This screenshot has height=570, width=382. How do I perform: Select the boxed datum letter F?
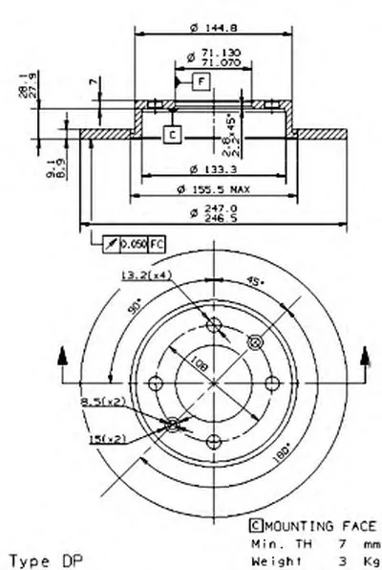coord(202,80)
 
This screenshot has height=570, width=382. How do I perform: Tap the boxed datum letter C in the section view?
coord(171,135)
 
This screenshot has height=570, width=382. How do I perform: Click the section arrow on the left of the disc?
coord(62,357)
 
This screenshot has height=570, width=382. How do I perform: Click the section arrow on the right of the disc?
coord(364,357)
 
